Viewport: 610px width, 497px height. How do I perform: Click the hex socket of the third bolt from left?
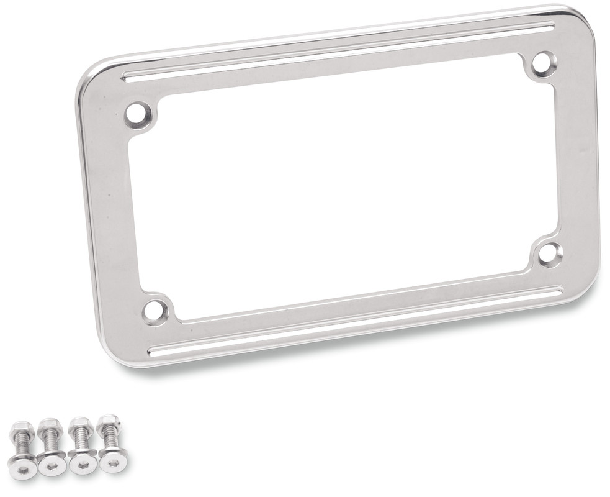point(83,465)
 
